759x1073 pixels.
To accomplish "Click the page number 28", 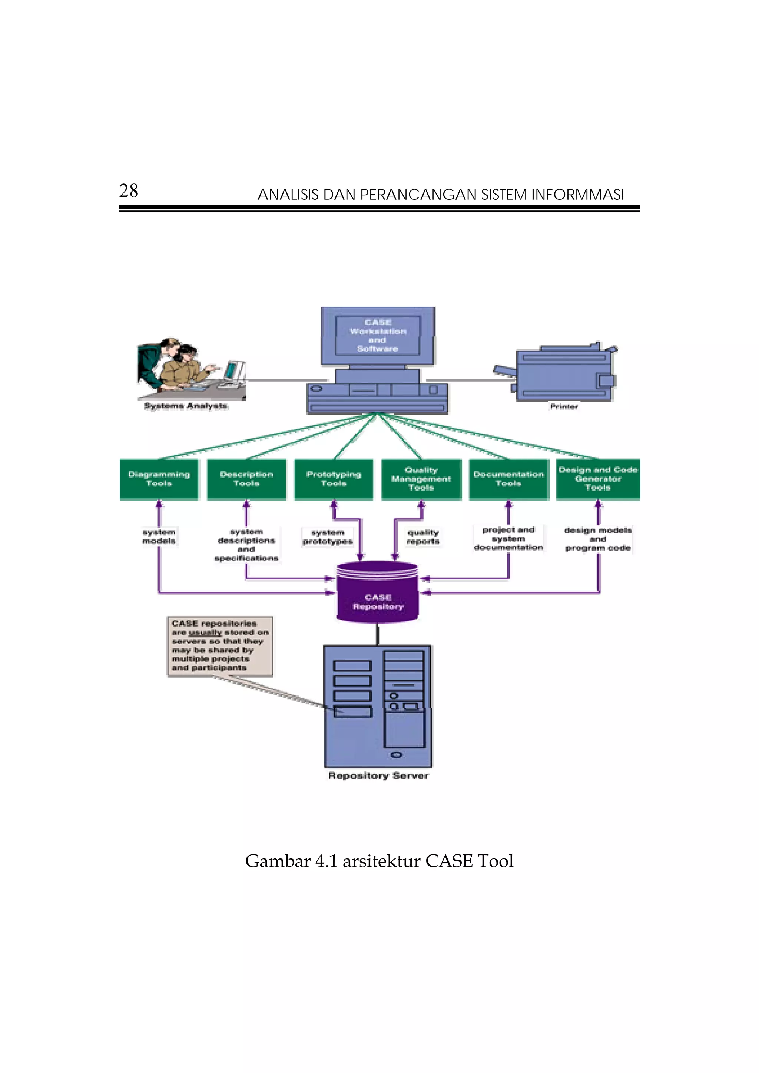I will tap(129, 191).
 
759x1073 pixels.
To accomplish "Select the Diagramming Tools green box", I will tap(159, 479).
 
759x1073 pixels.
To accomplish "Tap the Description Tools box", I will tap(246, 479).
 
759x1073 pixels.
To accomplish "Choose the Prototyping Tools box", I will tap(334, 479).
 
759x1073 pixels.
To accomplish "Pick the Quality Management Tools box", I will tap(421, 479).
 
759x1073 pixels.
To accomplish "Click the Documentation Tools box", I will tap(508, 479).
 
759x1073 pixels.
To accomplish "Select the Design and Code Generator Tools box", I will tap(598, 479).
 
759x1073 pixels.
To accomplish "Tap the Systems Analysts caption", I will tap(186, 406).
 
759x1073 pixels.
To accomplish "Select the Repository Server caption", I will tap(378, 776).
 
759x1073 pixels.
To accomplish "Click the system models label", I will tap(159, 536).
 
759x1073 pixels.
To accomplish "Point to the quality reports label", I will tap(423, 537).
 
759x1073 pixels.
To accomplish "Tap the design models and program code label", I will tap(598, 539).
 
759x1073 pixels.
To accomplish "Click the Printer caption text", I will tap(564, 406).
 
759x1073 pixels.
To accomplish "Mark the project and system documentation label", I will tap(508, 538).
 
